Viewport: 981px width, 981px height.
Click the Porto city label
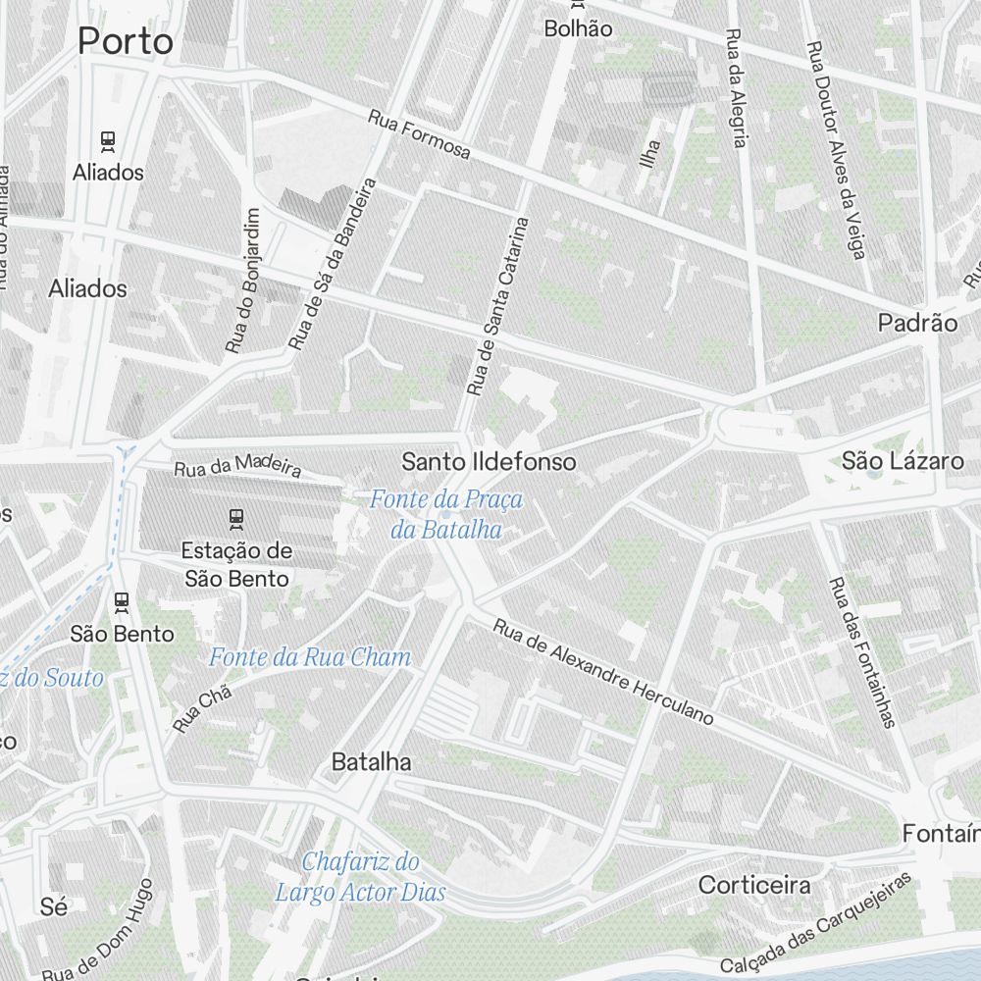[125, 41]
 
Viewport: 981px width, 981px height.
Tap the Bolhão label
[579, 28]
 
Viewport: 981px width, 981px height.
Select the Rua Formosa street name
[419, 134]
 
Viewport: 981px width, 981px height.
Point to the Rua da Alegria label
[736, 87]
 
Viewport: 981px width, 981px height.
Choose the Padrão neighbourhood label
[917, 323]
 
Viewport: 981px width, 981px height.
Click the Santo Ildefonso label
[489, 461]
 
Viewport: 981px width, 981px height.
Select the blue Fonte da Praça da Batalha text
[446, 515]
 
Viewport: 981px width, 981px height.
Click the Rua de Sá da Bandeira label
[333, 264]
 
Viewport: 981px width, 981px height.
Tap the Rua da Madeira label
[236, 464]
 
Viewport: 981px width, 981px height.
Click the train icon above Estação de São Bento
[235, 516]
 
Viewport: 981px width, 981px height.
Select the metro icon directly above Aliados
[108, 140]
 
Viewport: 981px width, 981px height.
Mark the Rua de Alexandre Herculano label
[602, 672]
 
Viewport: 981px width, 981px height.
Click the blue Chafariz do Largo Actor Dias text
[360, 877]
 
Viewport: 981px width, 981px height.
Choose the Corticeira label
[754, 885]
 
